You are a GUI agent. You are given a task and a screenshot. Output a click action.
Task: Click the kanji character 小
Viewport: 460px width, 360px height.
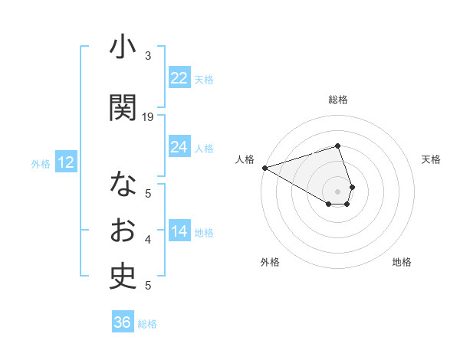click(123, 47)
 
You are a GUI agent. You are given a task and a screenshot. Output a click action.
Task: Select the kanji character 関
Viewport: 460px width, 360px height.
click(123, 108)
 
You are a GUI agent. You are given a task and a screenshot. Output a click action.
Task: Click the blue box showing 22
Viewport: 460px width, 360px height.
click(179, 78)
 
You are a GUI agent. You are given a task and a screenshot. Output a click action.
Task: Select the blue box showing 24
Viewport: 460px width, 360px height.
click(179, 147)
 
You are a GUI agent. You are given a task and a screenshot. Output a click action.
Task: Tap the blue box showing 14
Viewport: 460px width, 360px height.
click(179, 231)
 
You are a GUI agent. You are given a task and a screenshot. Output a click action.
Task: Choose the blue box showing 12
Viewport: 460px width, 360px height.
click(66, 162)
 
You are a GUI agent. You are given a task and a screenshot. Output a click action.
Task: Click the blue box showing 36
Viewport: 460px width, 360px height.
click(123, 322)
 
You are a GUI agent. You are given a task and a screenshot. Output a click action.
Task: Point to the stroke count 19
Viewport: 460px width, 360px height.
click(148, 117)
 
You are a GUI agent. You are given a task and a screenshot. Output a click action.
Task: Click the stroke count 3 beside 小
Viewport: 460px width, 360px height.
click(148, 56)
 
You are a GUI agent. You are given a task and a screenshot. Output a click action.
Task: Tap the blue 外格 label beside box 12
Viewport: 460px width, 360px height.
click(41, 163)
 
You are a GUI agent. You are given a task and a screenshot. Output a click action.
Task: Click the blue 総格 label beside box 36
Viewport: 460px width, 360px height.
click(147, 324)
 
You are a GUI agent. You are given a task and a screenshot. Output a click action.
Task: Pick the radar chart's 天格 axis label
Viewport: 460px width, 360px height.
click(432, 159)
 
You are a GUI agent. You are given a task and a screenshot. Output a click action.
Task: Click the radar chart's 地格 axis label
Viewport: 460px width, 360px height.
click(402, 263)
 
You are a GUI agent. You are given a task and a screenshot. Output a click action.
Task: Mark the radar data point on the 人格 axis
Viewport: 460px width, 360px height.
click(264, 168)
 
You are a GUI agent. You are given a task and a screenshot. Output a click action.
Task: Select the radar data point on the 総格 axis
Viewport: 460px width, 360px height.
click(337, 146)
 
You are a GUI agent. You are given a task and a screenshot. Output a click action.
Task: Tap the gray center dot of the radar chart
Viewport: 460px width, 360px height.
click(337, 191)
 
